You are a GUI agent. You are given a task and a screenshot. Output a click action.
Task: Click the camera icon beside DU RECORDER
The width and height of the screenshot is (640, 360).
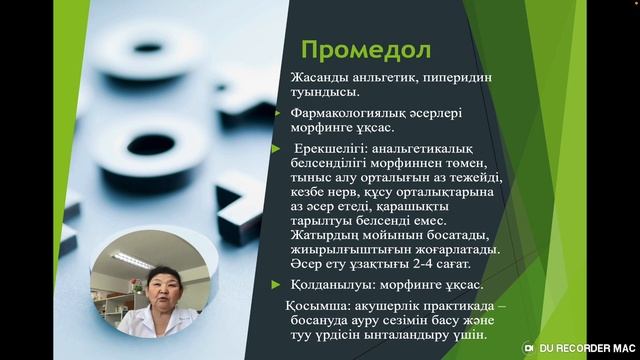point(529,347)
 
